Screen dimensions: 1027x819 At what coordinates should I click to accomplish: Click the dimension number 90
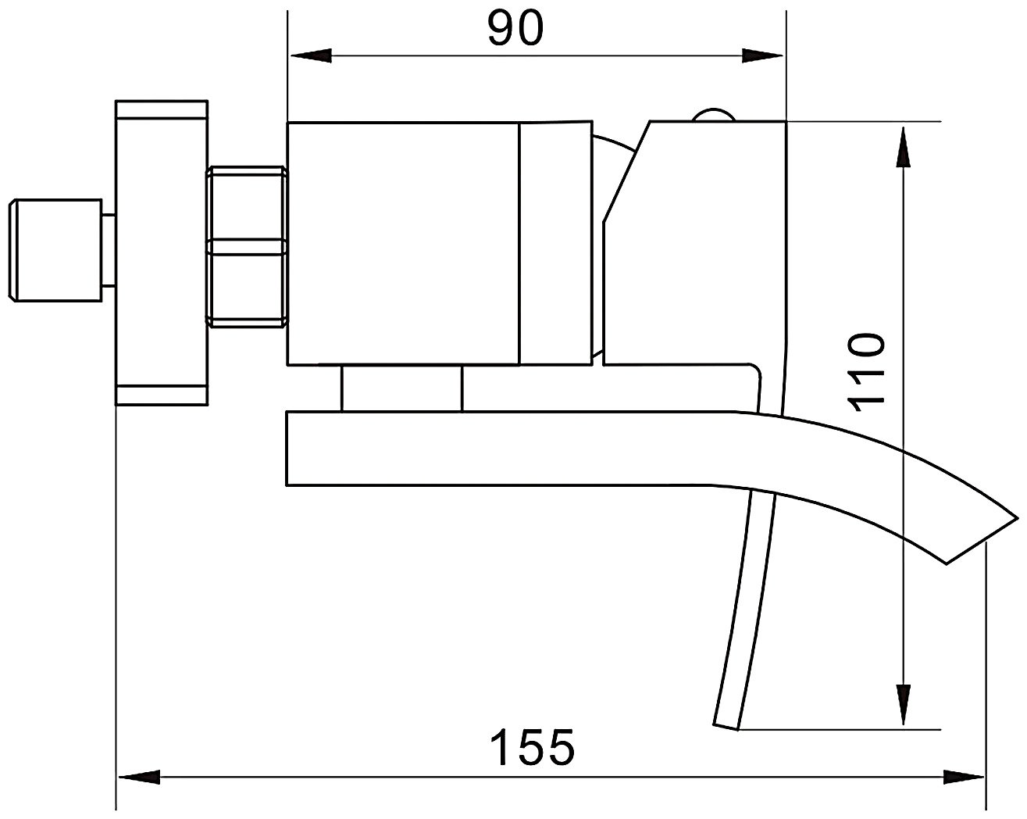click(515, 28)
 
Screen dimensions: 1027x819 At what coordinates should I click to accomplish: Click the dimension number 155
click(533, 747)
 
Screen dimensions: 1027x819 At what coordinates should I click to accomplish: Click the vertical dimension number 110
click(865, 372)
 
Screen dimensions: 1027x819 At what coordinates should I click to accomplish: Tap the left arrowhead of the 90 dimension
click(311, 55)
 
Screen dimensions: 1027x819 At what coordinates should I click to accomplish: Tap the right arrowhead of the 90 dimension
click(762, 55)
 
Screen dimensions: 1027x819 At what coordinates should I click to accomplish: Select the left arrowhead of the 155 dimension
click(139, 777)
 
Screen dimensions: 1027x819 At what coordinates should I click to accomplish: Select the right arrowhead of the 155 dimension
click(964, 777)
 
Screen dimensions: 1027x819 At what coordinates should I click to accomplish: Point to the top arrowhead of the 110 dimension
click(903, 147)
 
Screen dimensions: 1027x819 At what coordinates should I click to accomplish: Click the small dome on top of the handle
click(714, 115)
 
